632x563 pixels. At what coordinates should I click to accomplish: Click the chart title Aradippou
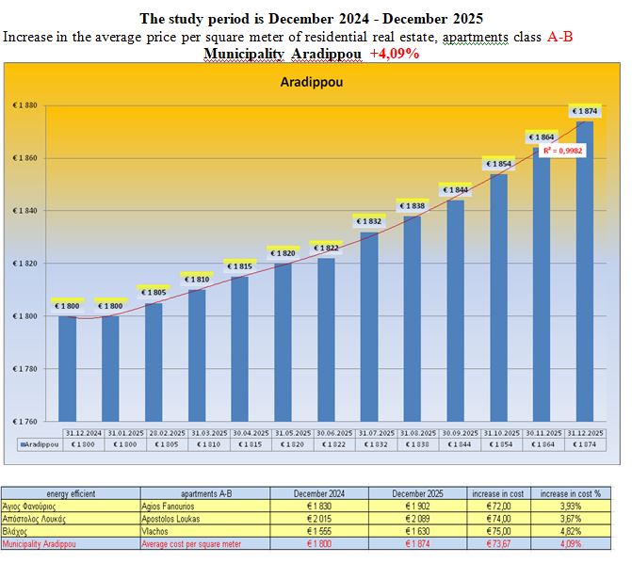click(x=310, y=83)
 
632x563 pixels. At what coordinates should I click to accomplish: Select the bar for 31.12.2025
click(x=584, y=273)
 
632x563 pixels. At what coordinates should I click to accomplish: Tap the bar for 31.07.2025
click(x=367, y=330)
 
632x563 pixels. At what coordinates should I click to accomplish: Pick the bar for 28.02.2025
click(x=153, y=362)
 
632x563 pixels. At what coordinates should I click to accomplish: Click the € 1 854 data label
click(x=497, y=164)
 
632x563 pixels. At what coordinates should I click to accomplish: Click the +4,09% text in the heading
click(x=395, y=54)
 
